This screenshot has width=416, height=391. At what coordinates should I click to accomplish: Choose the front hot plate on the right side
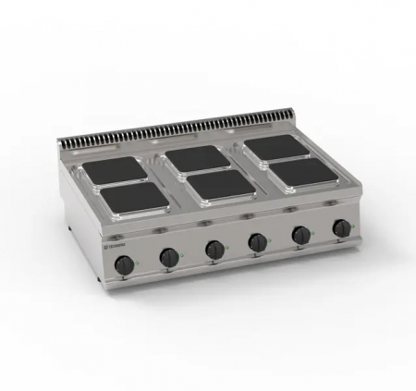[x=305, y=170]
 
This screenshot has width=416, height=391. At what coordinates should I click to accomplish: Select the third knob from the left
[x=215, y=249]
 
